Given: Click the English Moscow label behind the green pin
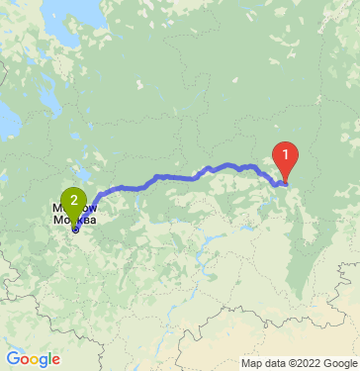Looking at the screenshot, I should (59, 209).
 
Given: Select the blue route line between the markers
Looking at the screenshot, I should (178, 177).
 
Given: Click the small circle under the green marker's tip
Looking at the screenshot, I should (74, 230).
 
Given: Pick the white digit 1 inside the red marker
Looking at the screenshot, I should (286, 154).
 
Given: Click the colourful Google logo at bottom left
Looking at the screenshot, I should (33, 358).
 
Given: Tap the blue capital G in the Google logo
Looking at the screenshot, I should (13, 358).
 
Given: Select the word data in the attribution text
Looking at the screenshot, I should (260, 362).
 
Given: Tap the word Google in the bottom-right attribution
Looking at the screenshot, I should (334, 362).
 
